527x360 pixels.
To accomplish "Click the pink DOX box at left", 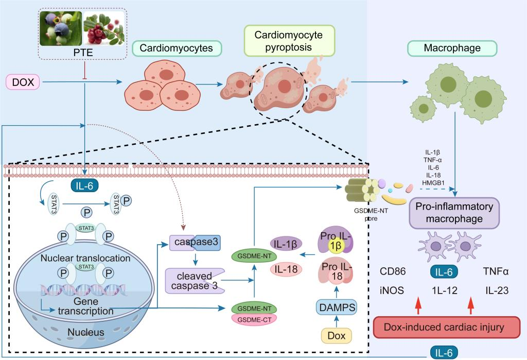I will click(22, 81).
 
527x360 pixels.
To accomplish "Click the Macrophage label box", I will click(452, 49).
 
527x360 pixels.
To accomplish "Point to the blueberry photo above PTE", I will click(60, 29).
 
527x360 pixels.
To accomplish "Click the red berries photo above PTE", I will click(102, 29).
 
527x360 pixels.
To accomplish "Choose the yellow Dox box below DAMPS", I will click(336, 336).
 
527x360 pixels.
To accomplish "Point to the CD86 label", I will click(391, 272).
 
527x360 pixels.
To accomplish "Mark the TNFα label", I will click(496, 272).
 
